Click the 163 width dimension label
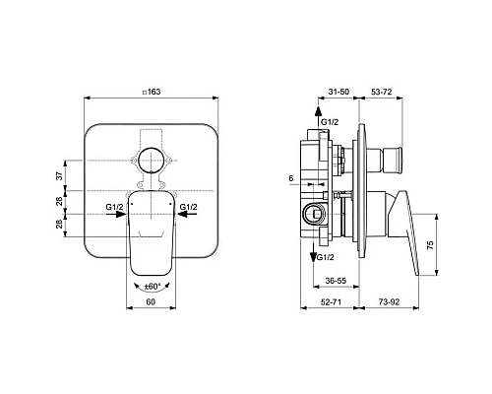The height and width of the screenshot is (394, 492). (x=152, y=92)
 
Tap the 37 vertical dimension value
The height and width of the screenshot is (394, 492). (x=59, y=175)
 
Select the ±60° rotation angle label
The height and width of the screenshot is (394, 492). (x=152, y=287)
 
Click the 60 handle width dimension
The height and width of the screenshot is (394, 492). (x=151, y=301)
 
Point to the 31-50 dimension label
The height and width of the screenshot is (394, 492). (x=338, y=92)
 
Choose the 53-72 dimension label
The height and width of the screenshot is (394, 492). (x=382, y=92)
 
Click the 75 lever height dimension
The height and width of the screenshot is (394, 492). (x=430, y=245)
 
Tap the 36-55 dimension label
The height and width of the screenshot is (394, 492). (x=336, y=281)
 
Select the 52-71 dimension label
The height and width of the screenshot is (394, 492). (x=331, y=301)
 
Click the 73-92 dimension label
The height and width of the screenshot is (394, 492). (x=390, y=301)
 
